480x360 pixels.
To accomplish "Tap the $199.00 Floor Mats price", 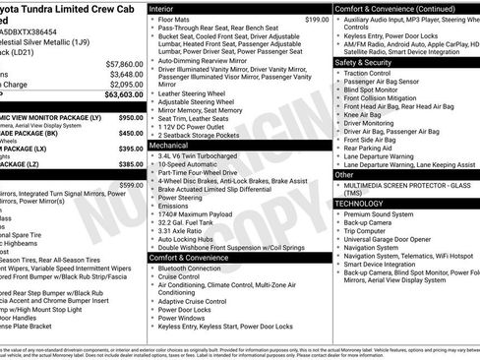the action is pos(317,20).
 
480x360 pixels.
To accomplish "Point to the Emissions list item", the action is pos(174,205).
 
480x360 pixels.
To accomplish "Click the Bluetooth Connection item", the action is pos(190,268).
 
